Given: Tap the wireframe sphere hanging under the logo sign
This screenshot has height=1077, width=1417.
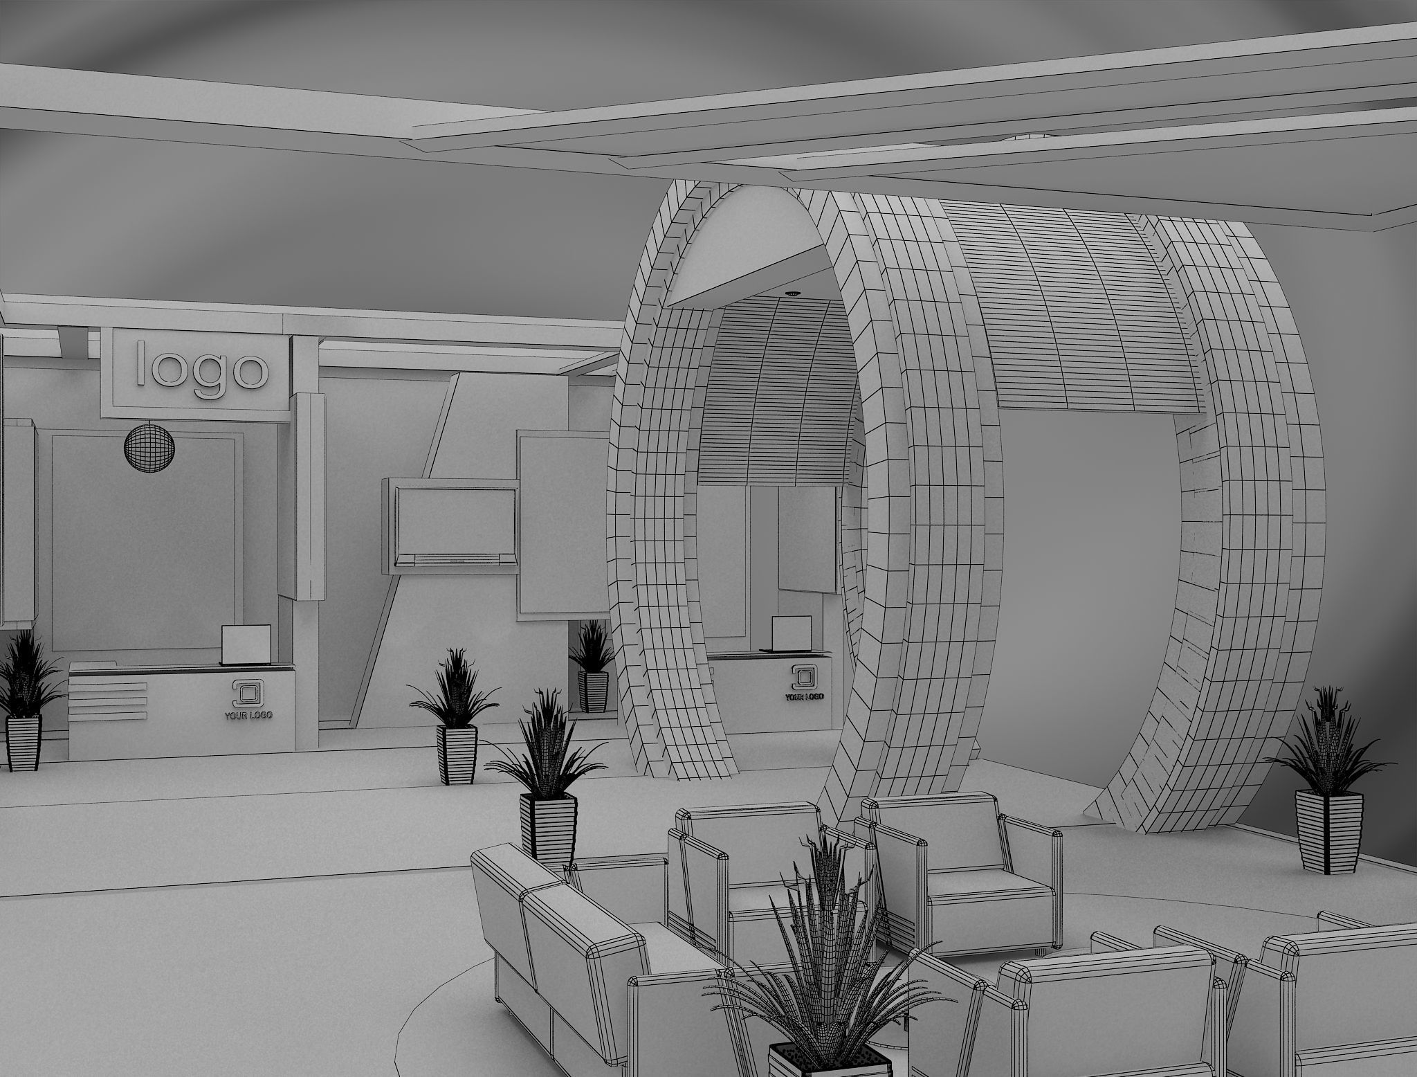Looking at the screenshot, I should tap(149, 448).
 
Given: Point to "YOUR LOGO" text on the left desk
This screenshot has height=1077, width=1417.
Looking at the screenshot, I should tap(248, 714).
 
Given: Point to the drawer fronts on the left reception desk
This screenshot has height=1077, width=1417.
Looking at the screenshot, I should tap(109, 700).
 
